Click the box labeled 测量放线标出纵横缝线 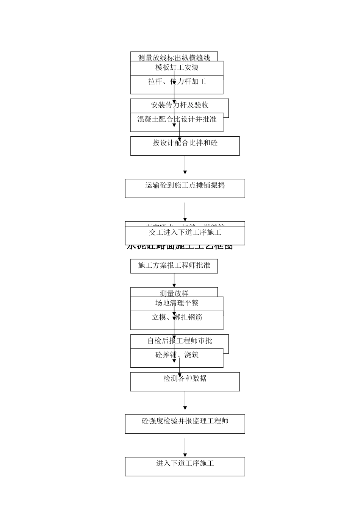click(x=174, y=58)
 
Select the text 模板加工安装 click(x=177, y=67)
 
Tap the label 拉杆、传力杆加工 click(x=177, y=81)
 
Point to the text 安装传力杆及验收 click(x=180, y=105)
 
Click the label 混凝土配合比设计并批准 click(x=177, y=119)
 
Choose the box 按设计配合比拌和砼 click(x=185, y=143)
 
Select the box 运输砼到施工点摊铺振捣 click(x=185, y=186)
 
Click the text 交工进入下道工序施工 click(x=185, y=233)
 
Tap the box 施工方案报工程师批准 click(x=174, y=265)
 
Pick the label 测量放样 click(x=174, y=293)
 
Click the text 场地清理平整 click(x=177, y=303)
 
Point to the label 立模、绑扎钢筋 click(x=177, y=317)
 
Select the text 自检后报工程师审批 click(x=180, y=341)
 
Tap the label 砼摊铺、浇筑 click(x=177, y=355)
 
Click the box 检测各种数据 click(x=185, y=378)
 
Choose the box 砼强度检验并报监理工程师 click(x=185, y=421)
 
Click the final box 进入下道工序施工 click(x=185, y=464)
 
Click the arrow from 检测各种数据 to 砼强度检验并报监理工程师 click(x=185, y=400)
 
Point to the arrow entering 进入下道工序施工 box click(x=185, y=447)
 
